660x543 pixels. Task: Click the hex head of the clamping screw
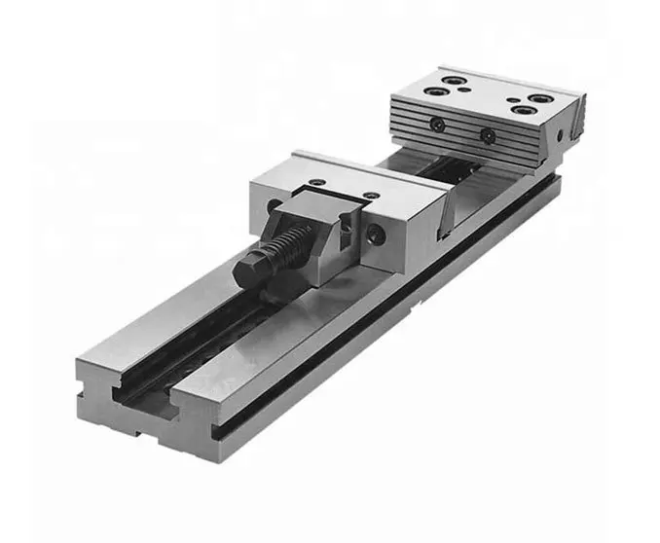tap(256, 262)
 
